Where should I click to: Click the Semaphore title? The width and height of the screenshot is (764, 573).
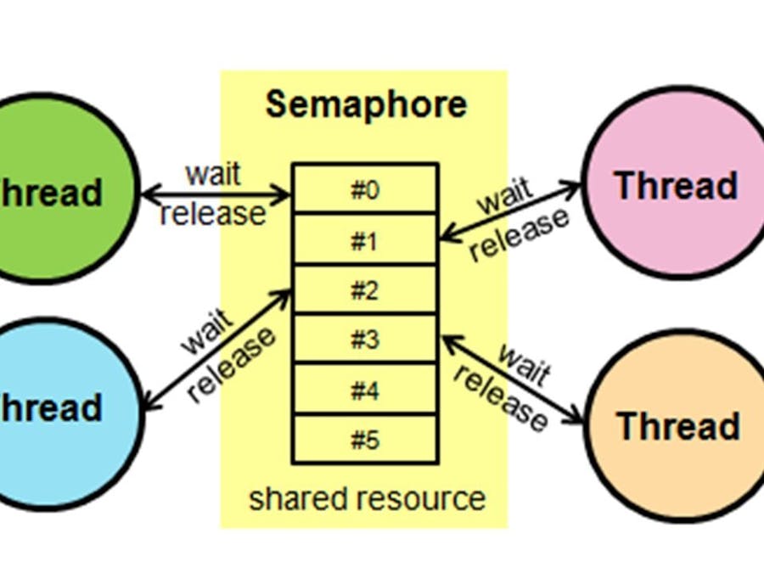coord(366,104)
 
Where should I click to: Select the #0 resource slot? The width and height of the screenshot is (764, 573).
coord(365,190)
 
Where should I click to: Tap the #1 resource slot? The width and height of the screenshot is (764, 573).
coord(365,241)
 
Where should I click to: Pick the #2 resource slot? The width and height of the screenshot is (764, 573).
coord(365,291)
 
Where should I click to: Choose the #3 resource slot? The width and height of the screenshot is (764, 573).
coord(365,340)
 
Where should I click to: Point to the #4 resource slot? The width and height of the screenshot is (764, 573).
coord(365,390)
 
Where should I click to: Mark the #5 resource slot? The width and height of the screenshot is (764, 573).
coord(365,440)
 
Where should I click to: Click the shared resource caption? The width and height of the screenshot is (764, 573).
coord(367,499)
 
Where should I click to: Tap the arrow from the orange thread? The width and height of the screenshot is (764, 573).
coord(514,379)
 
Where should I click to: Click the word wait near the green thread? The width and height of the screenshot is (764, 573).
coord(213,174)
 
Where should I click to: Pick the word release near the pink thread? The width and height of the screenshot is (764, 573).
coord(520,233)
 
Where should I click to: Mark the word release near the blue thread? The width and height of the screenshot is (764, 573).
coord(232,364)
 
